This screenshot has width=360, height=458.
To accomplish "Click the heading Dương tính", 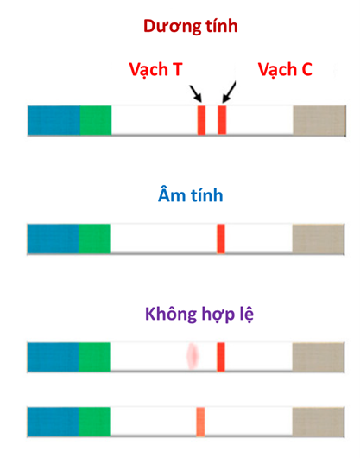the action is point(191,27).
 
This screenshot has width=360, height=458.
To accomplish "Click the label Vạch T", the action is point(155,70).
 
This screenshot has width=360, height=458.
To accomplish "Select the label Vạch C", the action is point(285,70).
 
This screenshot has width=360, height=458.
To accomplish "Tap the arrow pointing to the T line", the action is point(195,93).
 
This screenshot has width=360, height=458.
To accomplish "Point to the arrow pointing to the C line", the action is point(229,92).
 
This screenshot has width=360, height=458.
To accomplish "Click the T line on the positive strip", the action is point(202,120).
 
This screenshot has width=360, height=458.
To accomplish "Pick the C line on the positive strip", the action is point(222,120).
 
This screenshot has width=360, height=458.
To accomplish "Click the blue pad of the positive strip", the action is point(54,120).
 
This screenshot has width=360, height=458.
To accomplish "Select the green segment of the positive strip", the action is point(96,120).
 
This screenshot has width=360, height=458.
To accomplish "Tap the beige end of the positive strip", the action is point(319,120).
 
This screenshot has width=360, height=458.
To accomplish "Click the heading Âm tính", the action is point(191,195).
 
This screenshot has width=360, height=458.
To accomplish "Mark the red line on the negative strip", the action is point(221,239).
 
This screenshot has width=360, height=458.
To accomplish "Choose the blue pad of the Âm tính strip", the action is point(53,239).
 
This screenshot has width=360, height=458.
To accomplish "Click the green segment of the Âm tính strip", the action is point(94,239).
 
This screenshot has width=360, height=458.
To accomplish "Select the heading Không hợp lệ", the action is point(199,315).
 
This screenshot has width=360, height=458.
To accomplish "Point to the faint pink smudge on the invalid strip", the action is point(193,356).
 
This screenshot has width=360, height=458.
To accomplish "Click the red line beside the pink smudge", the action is point(221,357).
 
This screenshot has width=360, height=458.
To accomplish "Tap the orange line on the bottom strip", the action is point(200,422).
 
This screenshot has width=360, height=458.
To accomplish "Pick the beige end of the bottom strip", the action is point(319,422).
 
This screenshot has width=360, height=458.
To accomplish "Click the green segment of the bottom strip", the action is point(94,422).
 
